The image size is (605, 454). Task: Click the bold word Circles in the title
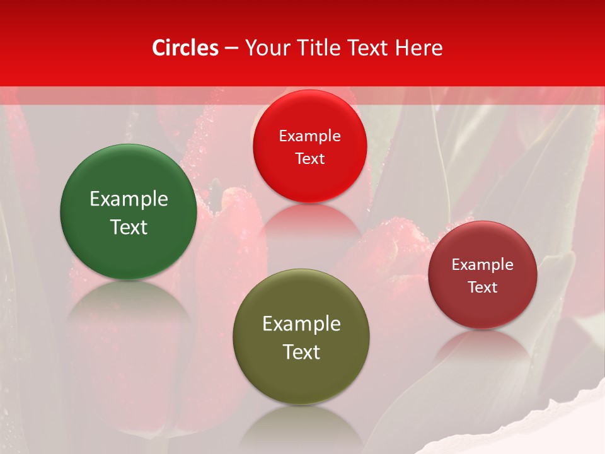(x=185, y=48)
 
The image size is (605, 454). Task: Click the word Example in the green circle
(x=129, y=199)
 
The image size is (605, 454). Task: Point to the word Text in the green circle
(x=129, y=227)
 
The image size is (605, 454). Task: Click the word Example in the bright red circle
(x=309, y=136)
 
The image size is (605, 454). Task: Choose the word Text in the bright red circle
(x=309, y=158)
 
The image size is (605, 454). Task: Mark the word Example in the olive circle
(x=301, y=324)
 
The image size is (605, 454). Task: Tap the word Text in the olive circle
(x=301, y=352)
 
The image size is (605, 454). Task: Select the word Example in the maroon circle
(x=483, y=265)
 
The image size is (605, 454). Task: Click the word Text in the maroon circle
(x=483, y=287)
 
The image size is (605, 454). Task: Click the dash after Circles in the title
(x=231, y=48)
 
